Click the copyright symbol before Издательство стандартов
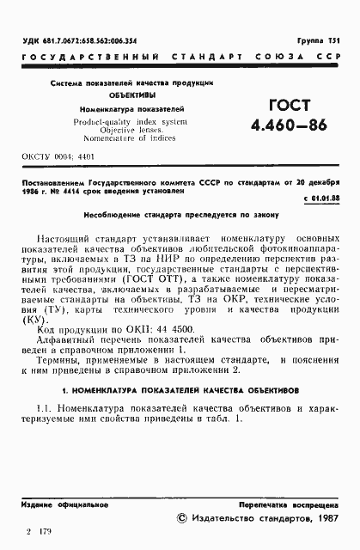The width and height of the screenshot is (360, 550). (x=180, y=518)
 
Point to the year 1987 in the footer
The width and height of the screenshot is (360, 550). (x=324, y=518)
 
